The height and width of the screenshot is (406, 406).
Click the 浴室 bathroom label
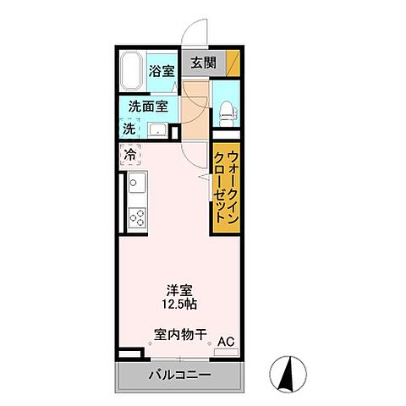(x=162, y=71)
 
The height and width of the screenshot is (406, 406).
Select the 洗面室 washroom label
(x=148, y=107)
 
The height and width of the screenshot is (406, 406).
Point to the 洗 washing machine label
(x=129, y=129)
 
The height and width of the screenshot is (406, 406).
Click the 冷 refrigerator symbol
(x=129, y=155)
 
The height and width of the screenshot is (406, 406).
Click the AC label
(x=226, y=341)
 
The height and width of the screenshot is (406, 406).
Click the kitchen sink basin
(x=137, y=182)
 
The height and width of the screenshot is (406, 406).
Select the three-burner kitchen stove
(x=136, y=217)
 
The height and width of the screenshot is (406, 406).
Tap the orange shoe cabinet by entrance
(x=231, y=63)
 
